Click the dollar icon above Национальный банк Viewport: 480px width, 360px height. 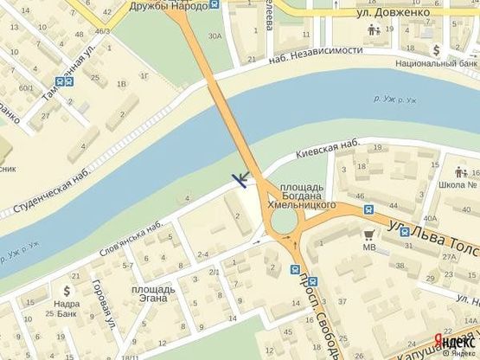(437, 49)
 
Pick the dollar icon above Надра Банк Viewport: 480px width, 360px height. (66, 290)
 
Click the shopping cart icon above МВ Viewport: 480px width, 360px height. (369, 234)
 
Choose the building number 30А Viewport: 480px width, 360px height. (215, 35)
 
